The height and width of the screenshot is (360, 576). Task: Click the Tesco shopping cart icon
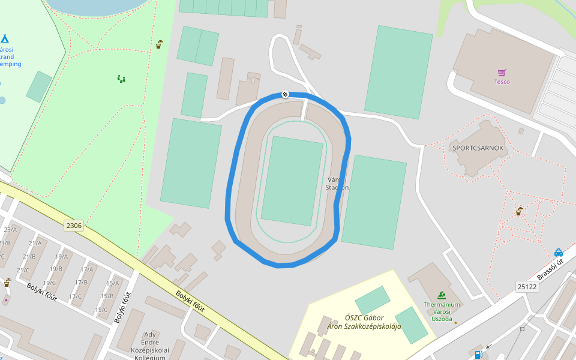coord(502,72)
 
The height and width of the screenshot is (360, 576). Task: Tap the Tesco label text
coord(502,82)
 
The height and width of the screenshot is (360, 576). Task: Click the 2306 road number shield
coord(74,226)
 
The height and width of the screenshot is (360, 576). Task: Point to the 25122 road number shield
coord(526,287)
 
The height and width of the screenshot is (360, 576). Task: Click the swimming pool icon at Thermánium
coord(442,295)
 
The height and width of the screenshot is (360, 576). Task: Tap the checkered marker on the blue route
coord(285,94)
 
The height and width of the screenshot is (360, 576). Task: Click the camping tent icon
coord(4,39)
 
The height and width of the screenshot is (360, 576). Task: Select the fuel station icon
coord(478,354)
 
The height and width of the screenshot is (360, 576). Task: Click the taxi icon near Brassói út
coord(559,252)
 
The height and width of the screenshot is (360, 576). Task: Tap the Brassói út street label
coord(550,269)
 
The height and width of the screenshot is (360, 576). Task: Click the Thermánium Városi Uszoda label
coord(442,311)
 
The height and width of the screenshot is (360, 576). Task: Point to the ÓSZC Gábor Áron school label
coord(364,322)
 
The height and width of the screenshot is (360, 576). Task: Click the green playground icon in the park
coord(122,79)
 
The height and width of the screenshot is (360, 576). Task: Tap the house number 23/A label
coord(10,229)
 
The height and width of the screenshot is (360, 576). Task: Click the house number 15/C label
coord(101,310)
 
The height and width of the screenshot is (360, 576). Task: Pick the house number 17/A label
coord(86,269)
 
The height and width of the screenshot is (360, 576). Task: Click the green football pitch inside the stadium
coord(292,180)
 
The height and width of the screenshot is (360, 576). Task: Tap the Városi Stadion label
coord(337,183)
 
